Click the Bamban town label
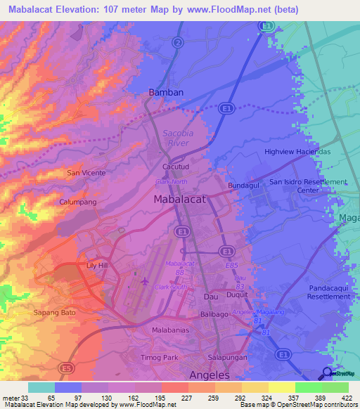tap(167, 93)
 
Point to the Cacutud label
tap(176, 167)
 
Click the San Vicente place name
tap(86, 172)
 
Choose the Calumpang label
tap(77, 202)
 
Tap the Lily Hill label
tap(97, 266)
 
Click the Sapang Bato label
tap(53, 311)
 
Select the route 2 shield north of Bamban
tap(179, 42)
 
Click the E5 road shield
tap(66, 367)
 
